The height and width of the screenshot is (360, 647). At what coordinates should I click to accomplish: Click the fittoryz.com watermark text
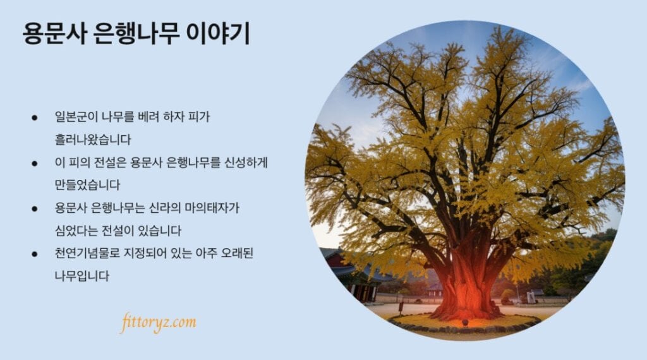point(158,323)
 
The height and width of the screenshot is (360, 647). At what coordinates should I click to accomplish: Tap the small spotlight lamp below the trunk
point(464,322)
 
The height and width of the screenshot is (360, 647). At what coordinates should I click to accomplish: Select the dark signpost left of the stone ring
point(401,308)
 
